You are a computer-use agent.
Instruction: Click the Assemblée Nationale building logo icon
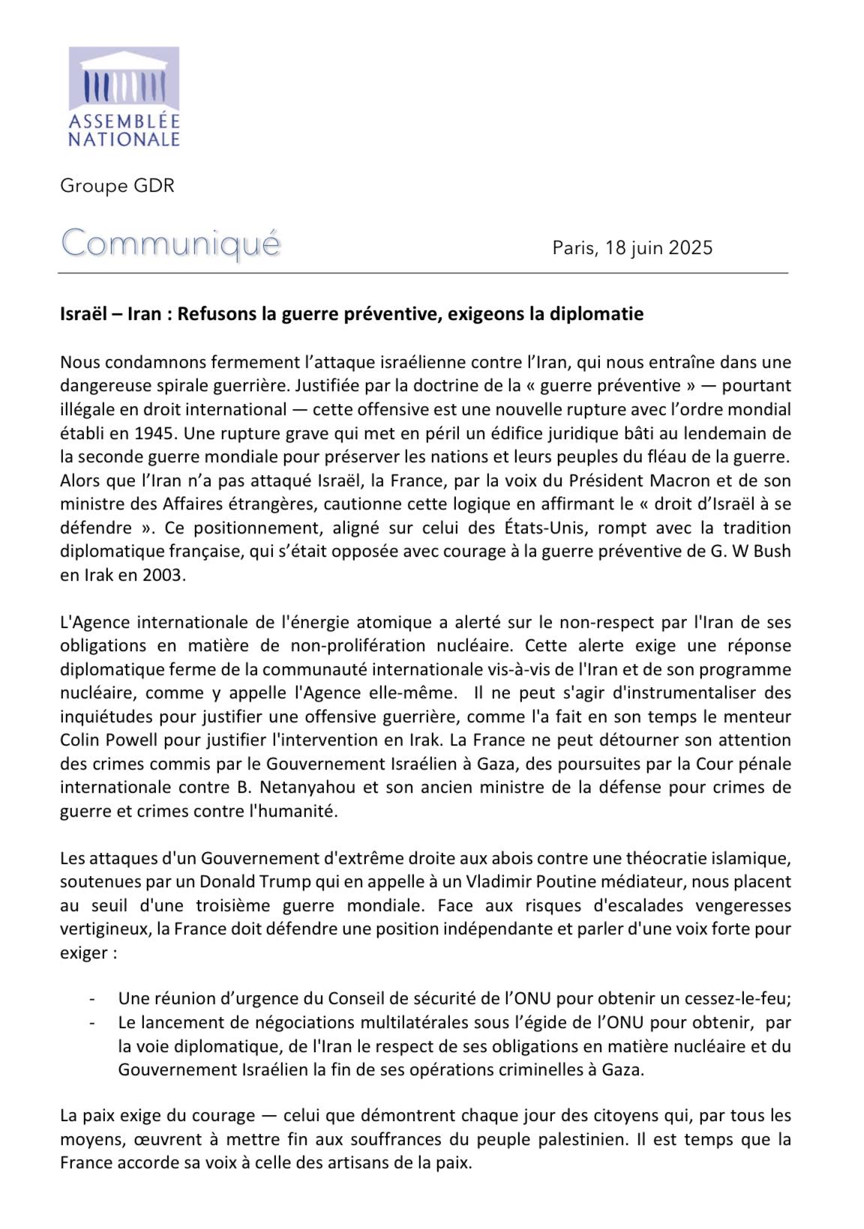124,79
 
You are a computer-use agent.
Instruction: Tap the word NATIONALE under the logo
124,139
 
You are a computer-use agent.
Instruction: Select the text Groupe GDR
117,186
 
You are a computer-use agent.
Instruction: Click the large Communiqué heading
171,244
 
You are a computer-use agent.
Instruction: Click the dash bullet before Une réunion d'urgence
92,999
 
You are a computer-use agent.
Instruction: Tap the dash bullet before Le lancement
92,1023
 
